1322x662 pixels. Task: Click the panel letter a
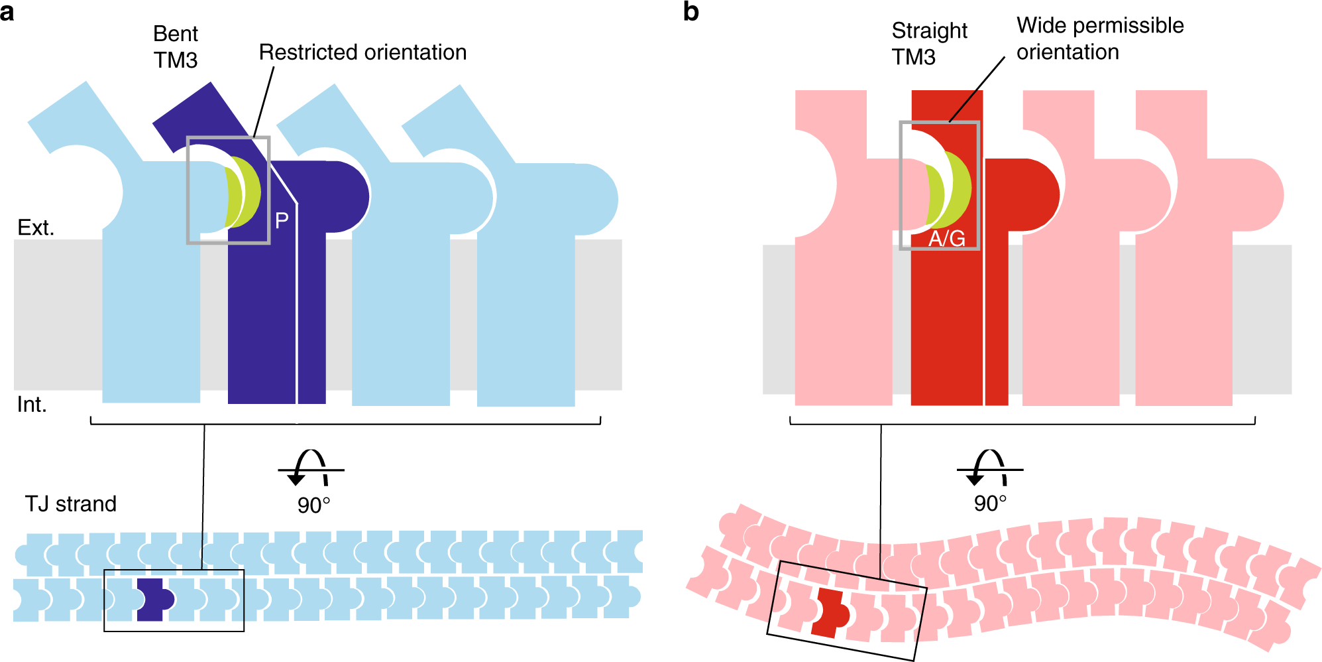click(7, 12)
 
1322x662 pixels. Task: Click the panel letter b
click(690, 12)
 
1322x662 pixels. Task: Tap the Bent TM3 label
click(176, 47)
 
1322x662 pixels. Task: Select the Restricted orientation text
click(362, 52)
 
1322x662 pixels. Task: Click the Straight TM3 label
click(929, 44)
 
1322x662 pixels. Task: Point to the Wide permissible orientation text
click(1100, 38)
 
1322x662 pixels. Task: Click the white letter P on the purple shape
click(282, 221)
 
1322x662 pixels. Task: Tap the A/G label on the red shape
click(946, 238)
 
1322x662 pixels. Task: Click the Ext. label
click(36, 228)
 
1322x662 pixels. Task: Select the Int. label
click(32, 404)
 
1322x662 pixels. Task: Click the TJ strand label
click(71, 504)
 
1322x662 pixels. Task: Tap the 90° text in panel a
click(313, 505)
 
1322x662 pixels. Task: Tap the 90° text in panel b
click(990, 503)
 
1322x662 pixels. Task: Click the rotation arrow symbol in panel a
click(310, 468)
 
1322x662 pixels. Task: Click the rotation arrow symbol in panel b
click(989, 468)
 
